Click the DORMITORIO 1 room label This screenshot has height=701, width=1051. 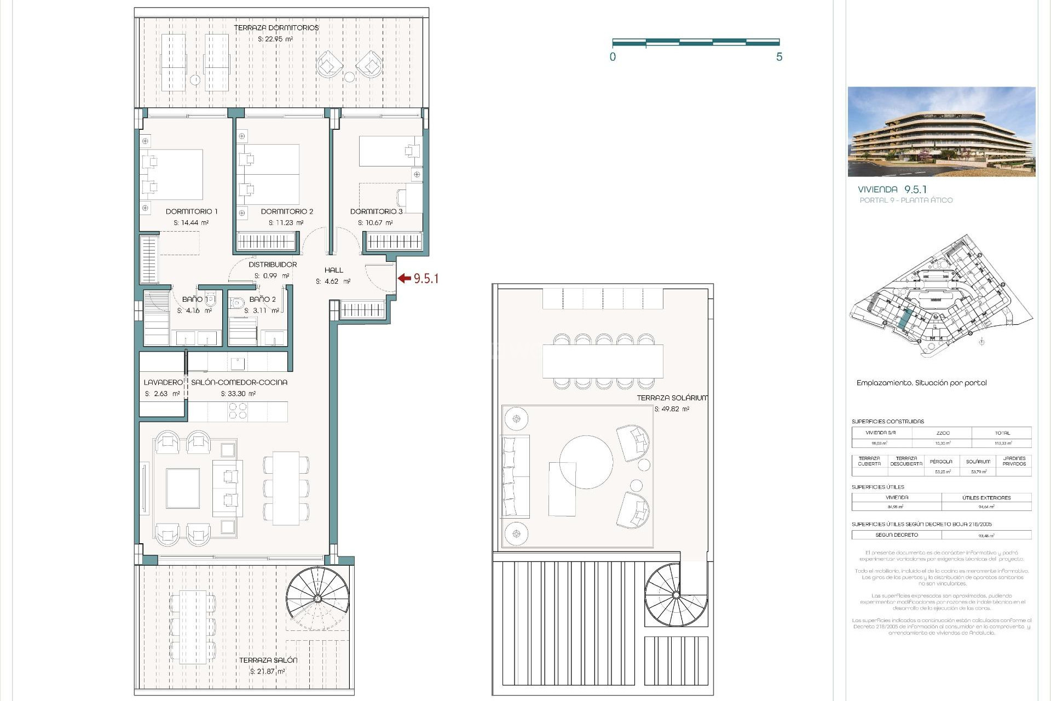[x=192, y=211]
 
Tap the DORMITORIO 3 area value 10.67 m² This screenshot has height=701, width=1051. [x=375, y=223]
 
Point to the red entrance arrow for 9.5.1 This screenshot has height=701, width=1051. [x=404, y=278]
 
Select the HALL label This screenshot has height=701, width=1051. [x=333, y=270]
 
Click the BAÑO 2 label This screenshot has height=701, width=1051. [x=262, y=300]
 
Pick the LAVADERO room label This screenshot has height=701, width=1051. [x=163, y=382]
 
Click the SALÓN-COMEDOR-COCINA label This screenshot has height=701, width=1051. [x=239, y=382]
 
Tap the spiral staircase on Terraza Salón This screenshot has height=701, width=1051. [x=317, y=598]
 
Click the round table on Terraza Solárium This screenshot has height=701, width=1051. [x=586, y=462]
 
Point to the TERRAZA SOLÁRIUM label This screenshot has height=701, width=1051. [x=672, y=398]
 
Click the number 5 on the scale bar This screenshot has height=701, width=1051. [x=779, y=57]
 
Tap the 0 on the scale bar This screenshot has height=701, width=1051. [x=613, y=57]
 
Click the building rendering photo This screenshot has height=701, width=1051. [x=941, y=131]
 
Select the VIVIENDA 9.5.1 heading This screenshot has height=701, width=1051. [x=892, y=189]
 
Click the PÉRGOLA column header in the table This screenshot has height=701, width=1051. [x=940, y=462]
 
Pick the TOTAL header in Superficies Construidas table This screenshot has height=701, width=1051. [x=1002, y=433]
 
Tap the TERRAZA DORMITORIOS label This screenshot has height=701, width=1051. [x=276, y=28]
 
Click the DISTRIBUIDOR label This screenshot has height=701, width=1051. [x=273, y=265]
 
